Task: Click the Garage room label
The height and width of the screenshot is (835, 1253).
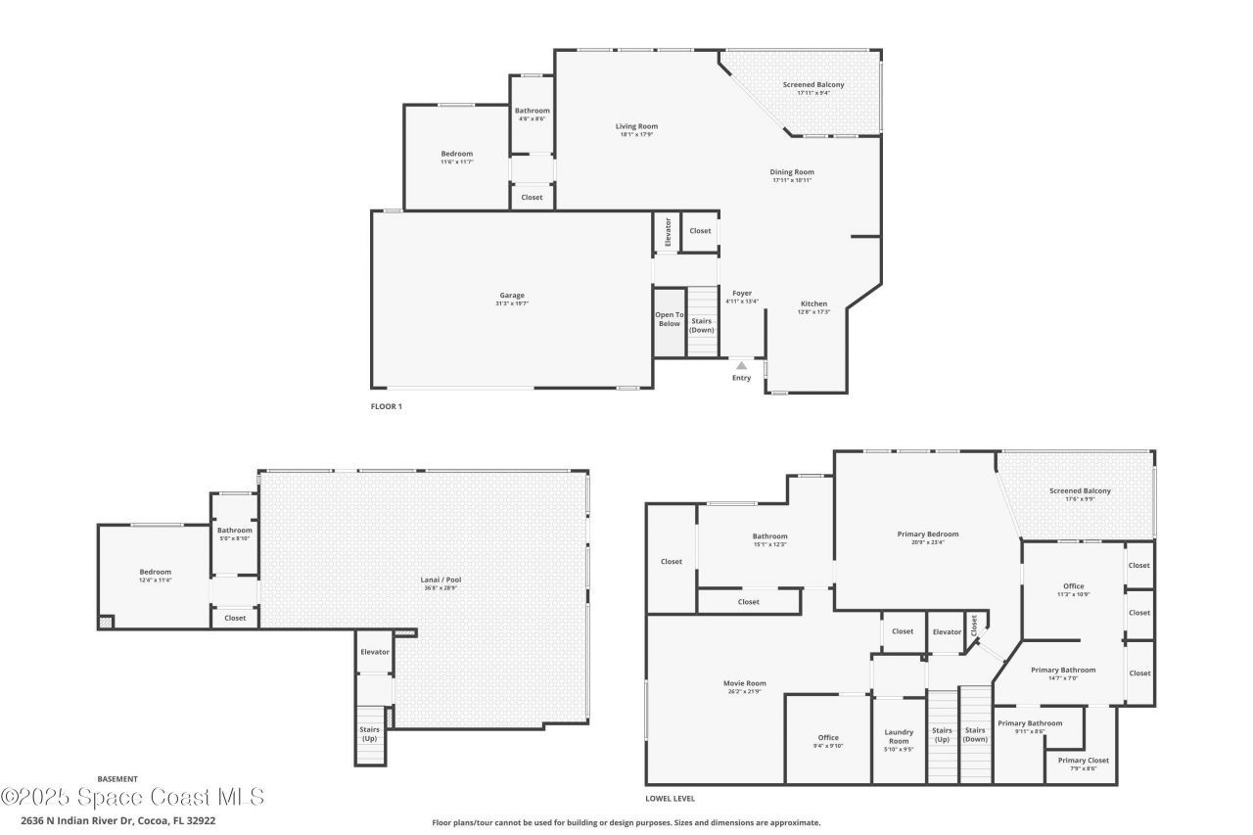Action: click(x=512, y=296)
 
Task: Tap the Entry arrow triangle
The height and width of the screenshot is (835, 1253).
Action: click(x=741, y=365)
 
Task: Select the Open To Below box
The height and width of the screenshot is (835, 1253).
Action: click(x=669, y=320)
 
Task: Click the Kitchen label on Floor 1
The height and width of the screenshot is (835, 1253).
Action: click(x=814, y=304)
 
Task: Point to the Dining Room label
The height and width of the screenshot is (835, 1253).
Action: click(x=792, y=172)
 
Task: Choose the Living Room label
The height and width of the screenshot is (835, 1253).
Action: click(x=636, y=126)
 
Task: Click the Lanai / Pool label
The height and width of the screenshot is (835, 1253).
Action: click(x=441, y=580)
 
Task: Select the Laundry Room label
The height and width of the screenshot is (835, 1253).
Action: click(x=899, y=736)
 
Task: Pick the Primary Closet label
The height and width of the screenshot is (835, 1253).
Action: click(x=1084, y=761)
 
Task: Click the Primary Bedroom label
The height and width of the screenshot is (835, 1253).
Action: click(x=927, y=534)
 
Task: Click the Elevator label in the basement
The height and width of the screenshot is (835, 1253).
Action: click(x=375, y=652)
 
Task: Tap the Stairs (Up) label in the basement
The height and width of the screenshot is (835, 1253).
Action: click(x=370, y=734)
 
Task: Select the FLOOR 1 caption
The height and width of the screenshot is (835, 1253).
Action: click(x=386, y=406)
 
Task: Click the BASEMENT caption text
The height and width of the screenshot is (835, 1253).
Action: click(x=117, y=779)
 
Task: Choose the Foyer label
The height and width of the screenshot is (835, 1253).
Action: click(x=742, y=293)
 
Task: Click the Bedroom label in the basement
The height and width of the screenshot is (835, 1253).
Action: click(x=155, y=573)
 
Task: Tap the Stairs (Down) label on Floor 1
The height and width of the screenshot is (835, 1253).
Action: click(x=702, y=325)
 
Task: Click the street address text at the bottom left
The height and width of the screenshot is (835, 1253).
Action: click(x=117, y=820)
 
